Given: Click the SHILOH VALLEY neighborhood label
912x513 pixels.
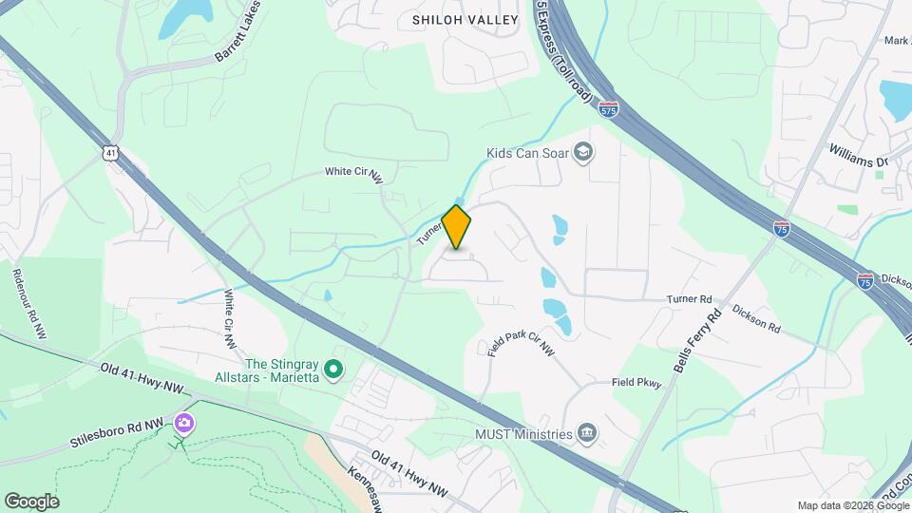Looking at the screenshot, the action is (465, 19).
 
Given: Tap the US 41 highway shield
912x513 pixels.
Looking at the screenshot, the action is (112, 152).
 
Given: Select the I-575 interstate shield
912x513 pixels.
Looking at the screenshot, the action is (609, 110).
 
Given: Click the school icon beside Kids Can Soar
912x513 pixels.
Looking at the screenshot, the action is (583, 151).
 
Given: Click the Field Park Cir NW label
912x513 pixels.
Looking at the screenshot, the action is (522, 337).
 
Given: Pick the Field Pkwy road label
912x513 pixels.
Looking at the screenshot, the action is (636, 383).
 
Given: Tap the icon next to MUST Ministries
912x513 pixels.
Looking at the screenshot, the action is (587, 435).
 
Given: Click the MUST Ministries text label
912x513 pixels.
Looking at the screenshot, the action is (524, 435).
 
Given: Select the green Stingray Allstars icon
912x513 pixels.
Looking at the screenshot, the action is (333, 368).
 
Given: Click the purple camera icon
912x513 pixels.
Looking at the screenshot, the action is (184, 423).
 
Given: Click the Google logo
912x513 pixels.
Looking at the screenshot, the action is (31, 501).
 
